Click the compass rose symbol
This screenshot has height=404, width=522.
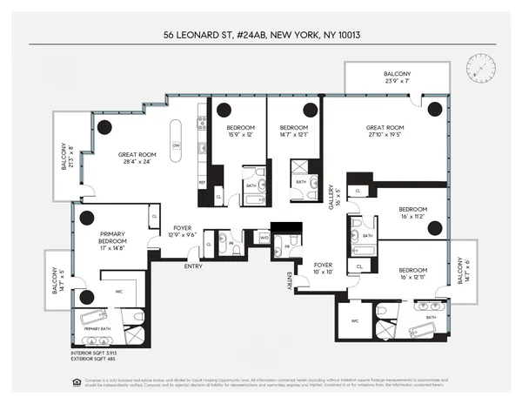pos(481,66)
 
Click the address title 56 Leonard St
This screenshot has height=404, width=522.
pos(260,36)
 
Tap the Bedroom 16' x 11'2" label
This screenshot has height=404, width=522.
pos(412,212)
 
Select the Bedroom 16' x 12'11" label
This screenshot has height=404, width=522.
pos(412,272)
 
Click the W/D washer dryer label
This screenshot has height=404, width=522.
pos(264,236)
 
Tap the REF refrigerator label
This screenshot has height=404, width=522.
pos(201,183)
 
